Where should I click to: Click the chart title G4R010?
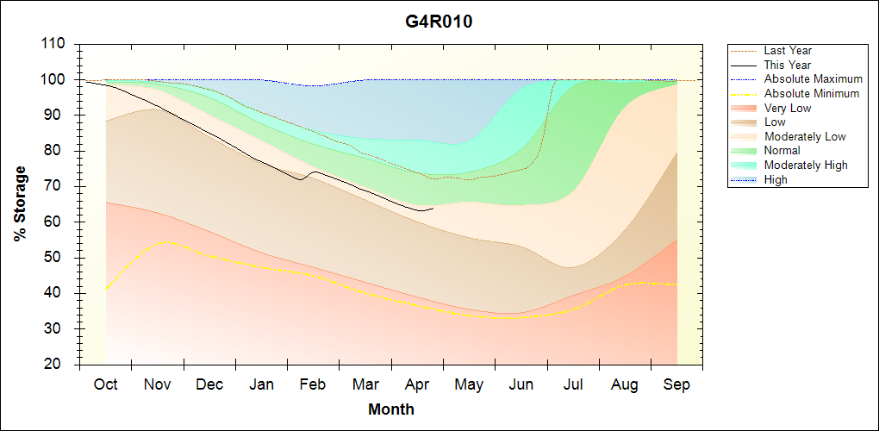click(439, 22)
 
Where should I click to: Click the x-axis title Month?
click(390, 409)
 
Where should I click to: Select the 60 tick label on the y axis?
click(58, 222)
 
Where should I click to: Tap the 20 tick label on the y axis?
click(58, 365)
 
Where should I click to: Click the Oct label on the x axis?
click(105, 384)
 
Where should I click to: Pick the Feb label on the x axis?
click(313, 384)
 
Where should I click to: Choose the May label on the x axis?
click(469, 384)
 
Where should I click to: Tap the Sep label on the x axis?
click(676, 384)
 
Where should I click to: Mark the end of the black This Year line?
click(433, 208)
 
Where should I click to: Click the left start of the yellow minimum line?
click(106, 289)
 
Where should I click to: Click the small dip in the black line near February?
click(300, 179)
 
